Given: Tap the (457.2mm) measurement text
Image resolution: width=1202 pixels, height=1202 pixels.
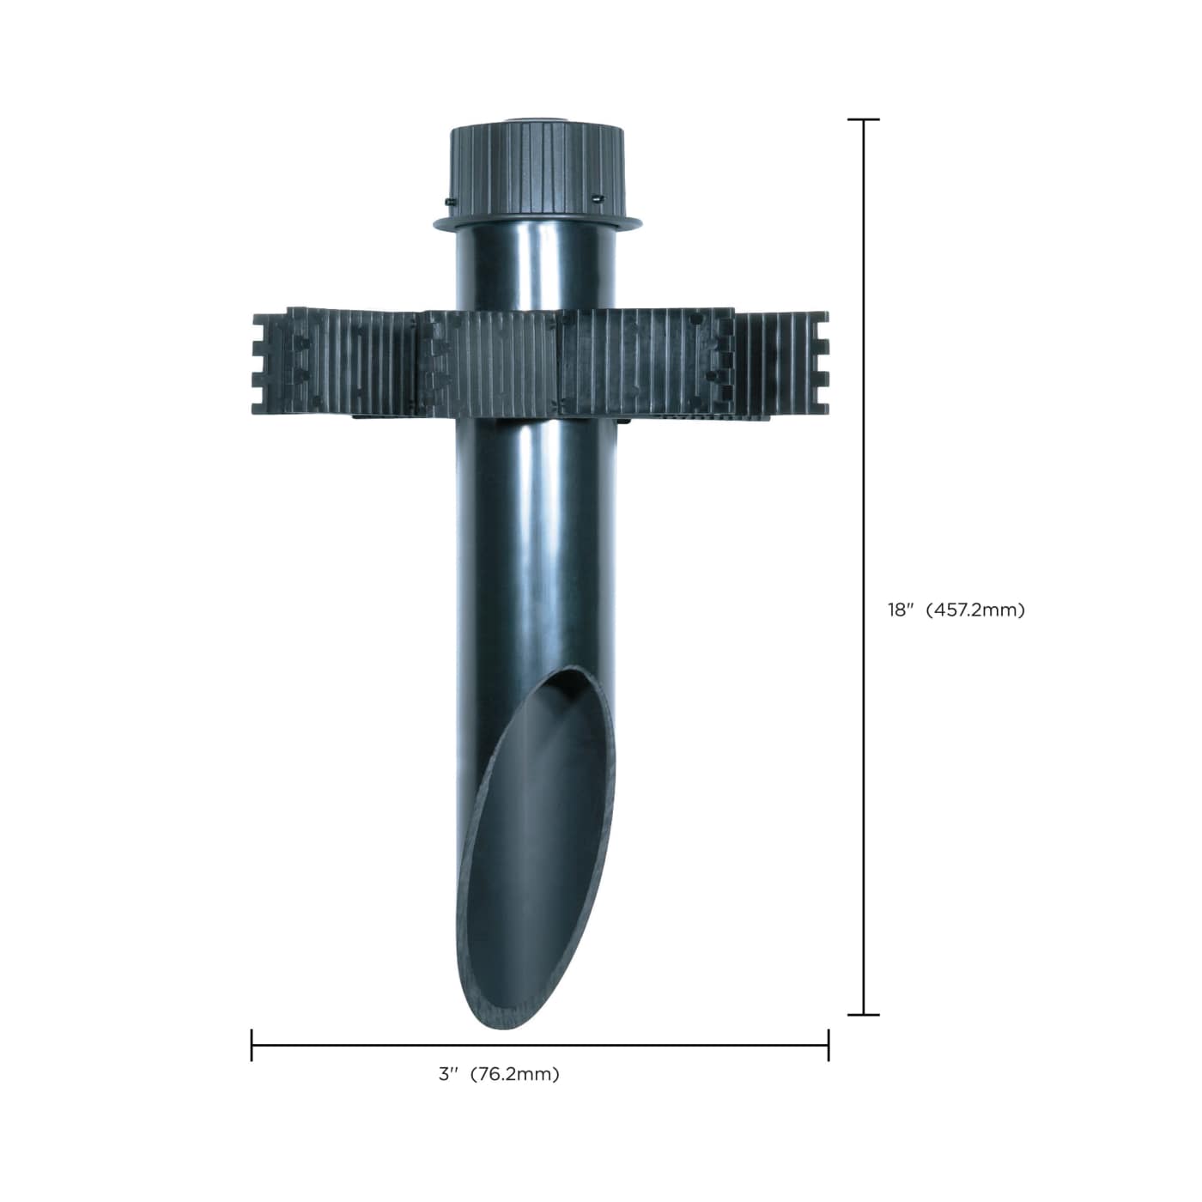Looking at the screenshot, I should (975, 610).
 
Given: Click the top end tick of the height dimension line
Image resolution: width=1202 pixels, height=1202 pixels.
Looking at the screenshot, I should (864, 120).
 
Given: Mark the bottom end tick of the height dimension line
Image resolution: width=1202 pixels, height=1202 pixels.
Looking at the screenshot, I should (864, 1015).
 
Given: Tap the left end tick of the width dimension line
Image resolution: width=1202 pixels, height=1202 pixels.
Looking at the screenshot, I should (252, 1045).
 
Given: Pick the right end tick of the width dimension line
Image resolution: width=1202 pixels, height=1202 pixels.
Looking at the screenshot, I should (829, 1045).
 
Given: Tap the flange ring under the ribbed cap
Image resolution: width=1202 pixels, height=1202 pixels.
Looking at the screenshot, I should (537, 225).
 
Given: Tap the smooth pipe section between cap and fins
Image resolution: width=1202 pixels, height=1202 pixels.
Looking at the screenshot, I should (537, 270).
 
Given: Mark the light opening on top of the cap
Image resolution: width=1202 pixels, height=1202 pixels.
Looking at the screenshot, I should (537, 121).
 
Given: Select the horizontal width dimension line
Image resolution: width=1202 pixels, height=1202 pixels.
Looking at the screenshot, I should (644, 1045).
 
